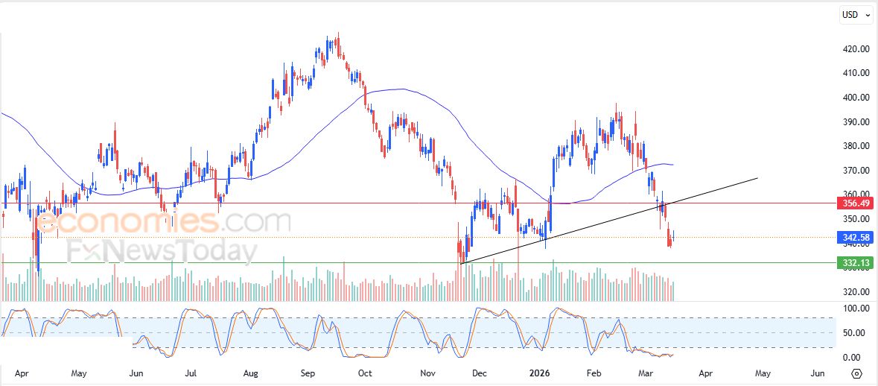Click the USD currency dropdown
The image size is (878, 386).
[x=855, y=15]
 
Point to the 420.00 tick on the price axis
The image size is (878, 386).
[x=856, y=49]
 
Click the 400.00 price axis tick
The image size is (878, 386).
[x=856, y=98]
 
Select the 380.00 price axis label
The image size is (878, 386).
[x=856, y=146]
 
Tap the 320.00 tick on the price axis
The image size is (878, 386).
[x=856, y=292]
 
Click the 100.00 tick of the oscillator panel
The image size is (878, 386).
[x=856, y=309]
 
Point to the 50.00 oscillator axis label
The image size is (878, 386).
[x=856, y=333]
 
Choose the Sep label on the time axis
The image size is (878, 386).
[x=308, y=373]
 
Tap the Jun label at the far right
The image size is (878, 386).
[x=817, y=373]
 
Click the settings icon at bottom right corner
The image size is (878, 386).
[x=856, y=373]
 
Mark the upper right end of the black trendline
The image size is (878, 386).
[x=757, y=178]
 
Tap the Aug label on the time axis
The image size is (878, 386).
[x=250, y=373]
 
